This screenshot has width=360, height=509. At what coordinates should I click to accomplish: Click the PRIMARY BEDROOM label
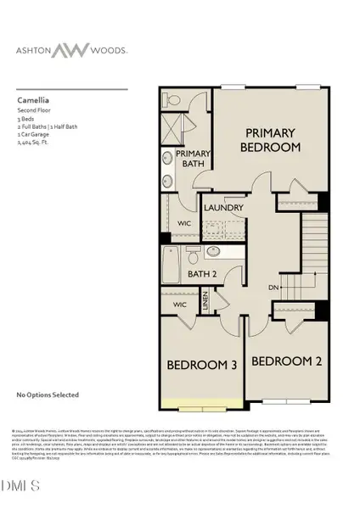click(270, 140)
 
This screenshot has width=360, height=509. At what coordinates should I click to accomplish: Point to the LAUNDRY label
click(225, 208)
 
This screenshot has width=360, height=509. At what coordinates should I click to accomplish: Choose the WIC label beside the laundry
click(185, 223)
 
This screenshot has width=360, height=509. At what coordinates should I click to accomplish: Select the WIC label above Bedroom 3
click(179, 303)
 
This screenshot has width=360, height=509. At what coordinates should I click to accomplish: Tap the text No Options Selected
click(48, 395)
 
